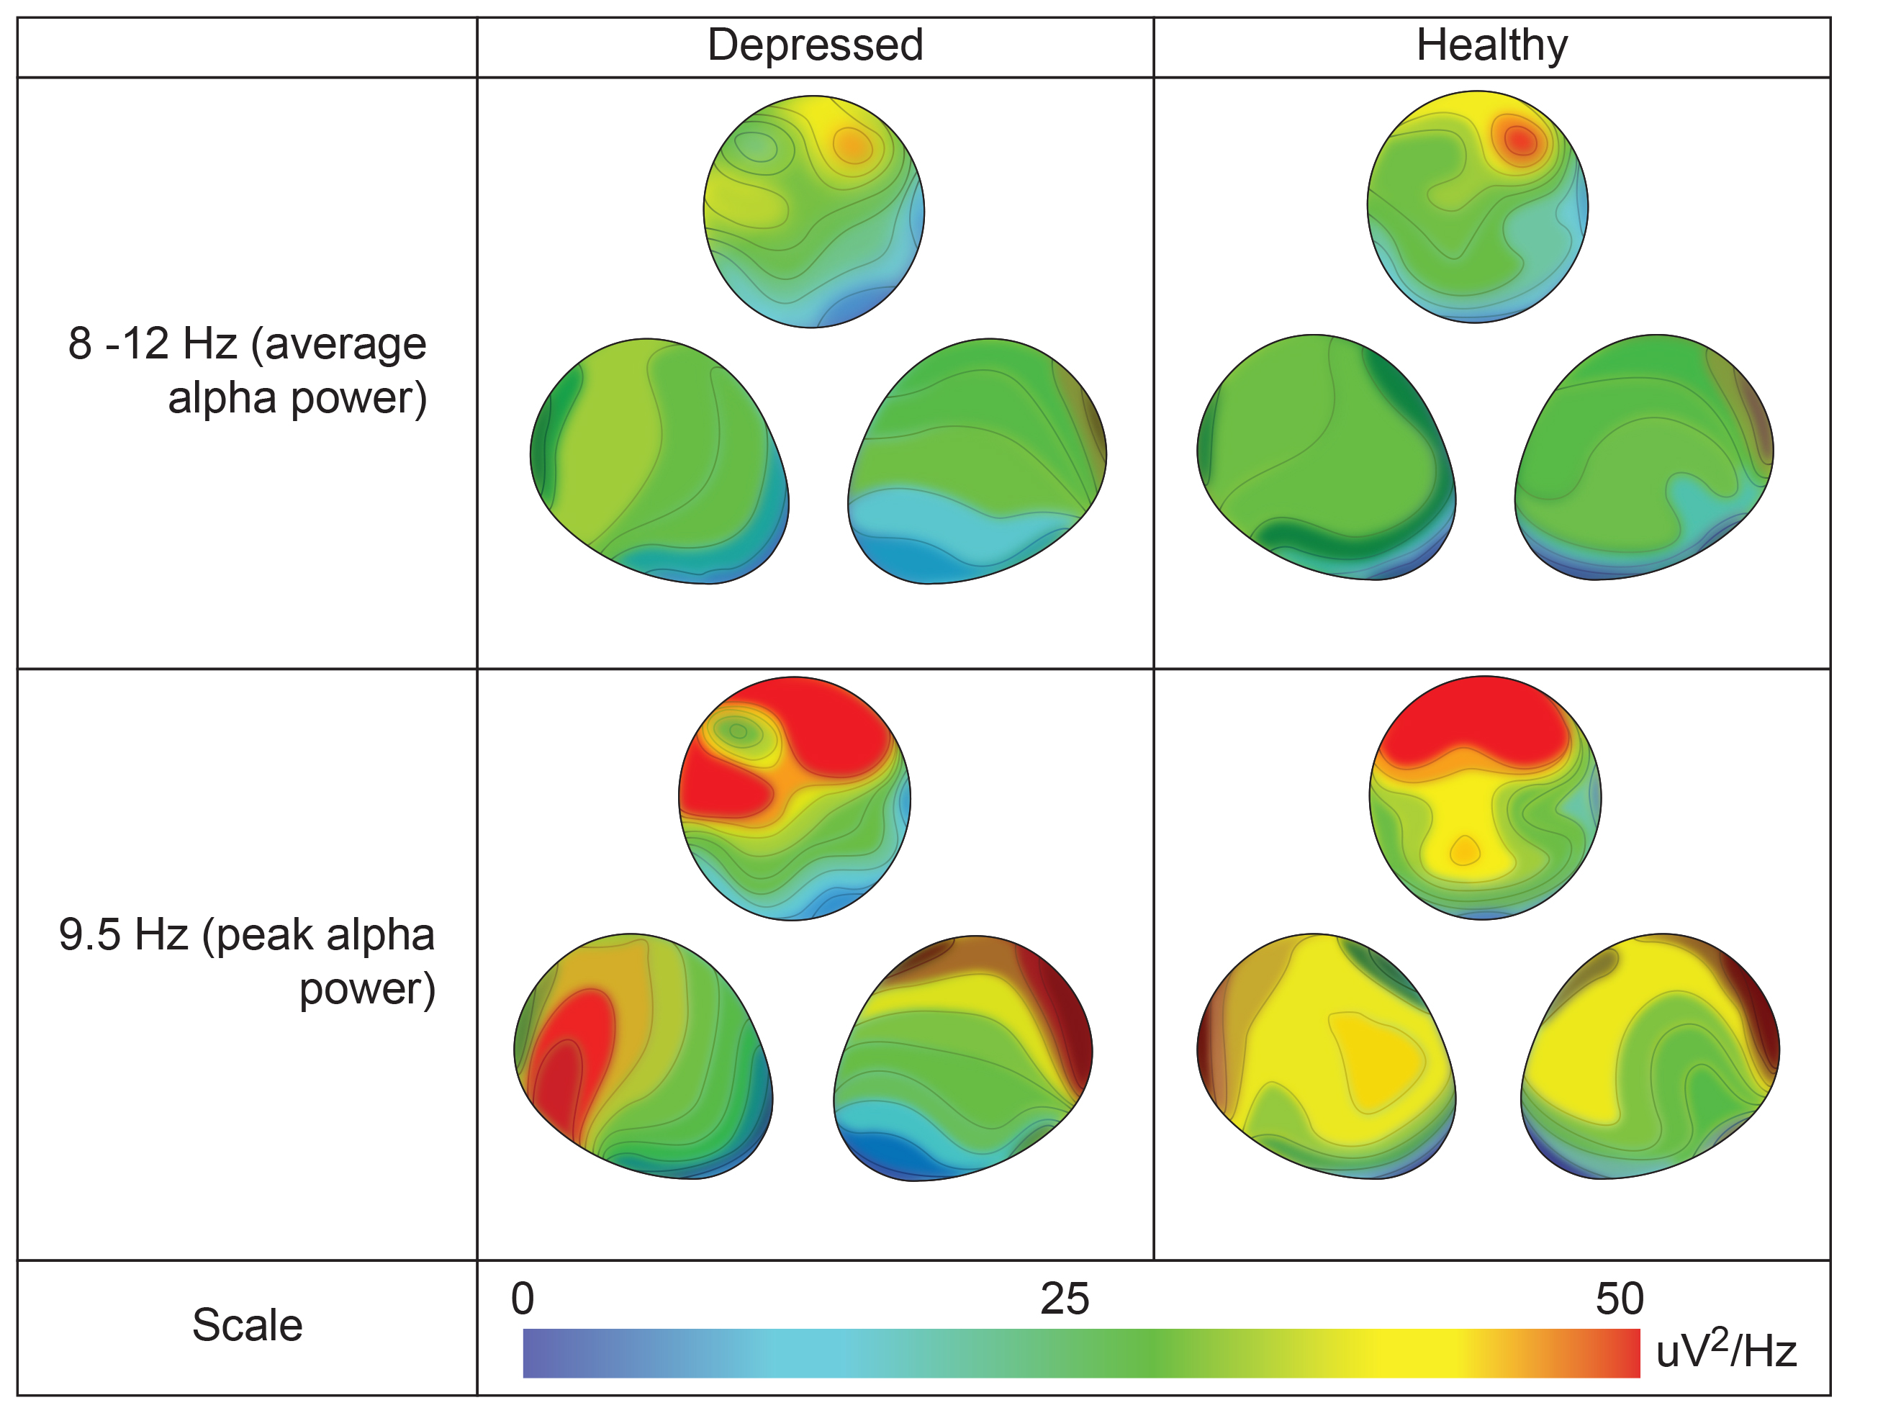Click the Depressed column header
pos(815,45)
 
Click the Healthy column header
pos(1491,45)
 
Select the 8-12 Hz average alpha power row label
pos(247,370)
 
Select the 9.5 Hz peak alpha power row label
pos(247,961)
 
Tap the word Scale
pos(247,1325)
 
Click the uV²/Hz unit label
pos(1725,1351)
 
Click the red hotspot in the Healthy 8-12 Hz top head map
pos(1520,140)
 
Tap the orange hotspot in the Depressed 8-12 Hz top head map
pos(852,146)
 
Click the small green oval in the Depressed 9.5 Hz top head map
pos(738,731)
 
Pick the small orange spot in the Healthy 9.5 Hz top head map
pos(1464,849)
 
